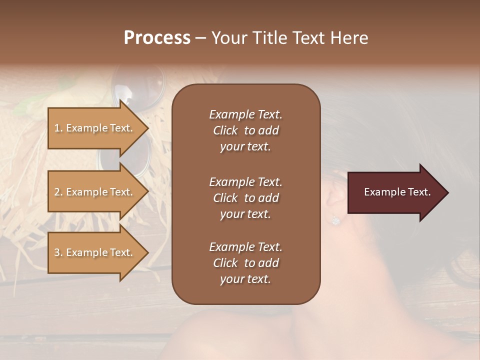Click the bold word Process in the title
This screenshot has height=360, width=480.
point(157,38)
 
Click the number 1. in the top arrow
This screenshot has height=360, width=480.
point(58,128)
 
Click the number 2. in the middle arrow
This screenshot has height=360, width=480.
point(58,192)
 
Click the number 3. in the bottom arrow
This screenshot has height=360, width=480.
point(58,252)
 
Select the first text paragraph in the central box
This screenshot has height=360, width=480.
point(245,130)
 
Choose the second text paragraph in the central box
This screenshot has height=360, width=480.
point(245,198)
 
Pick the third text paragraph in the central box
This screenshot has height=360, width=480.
point(245,263)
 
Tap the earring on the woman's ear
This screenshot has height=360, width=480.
point(335,219)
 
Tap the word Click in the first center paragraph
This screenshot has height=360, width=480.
point(225,130)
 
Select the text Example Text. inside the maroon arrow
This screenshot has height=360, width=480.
point(397,192)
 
